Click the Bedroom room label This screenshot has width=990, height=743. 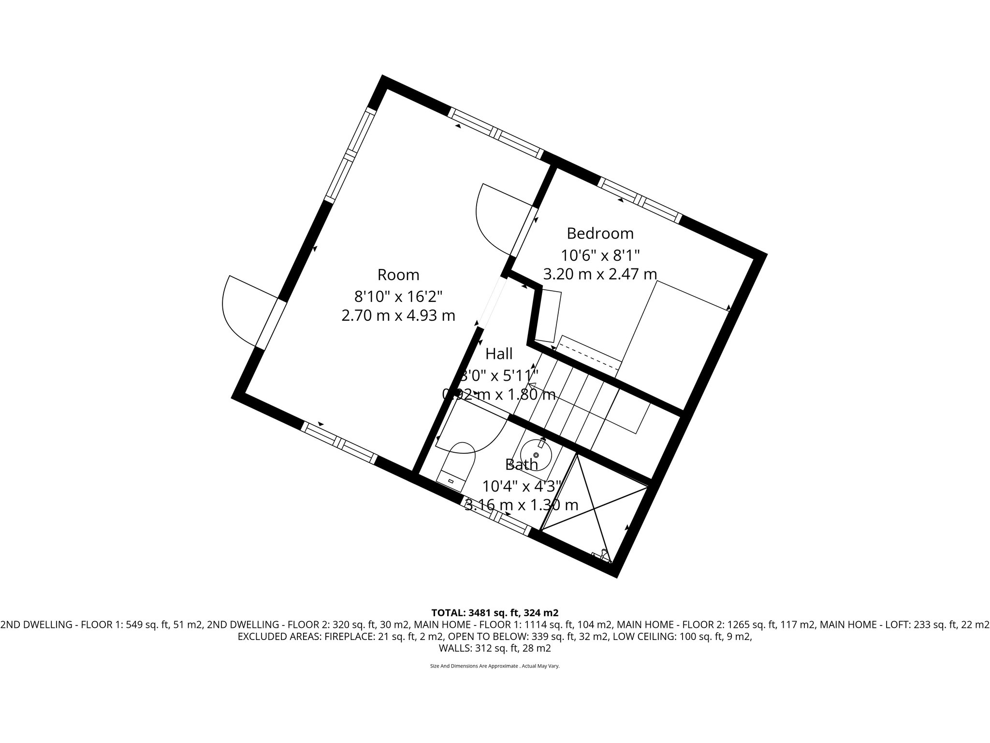click(600, 234)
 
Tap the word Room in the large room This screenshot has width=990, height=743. click(398, 275)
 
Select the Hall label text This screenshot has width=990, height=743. click(499, 354)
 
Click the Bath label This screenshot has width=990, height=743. click(521, 465)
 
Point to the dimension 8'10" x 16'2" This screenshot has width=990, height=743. click(398, 296)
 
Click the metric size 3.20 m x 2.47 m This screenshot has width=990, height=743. click(600, 274)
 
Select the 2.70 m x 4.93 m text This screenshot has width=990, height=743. click(398, 316)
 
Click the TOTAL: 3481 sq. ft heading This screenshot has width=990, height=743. click(495, 612)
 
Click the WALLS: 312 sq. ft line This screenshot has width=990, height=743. click(495, 648)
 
